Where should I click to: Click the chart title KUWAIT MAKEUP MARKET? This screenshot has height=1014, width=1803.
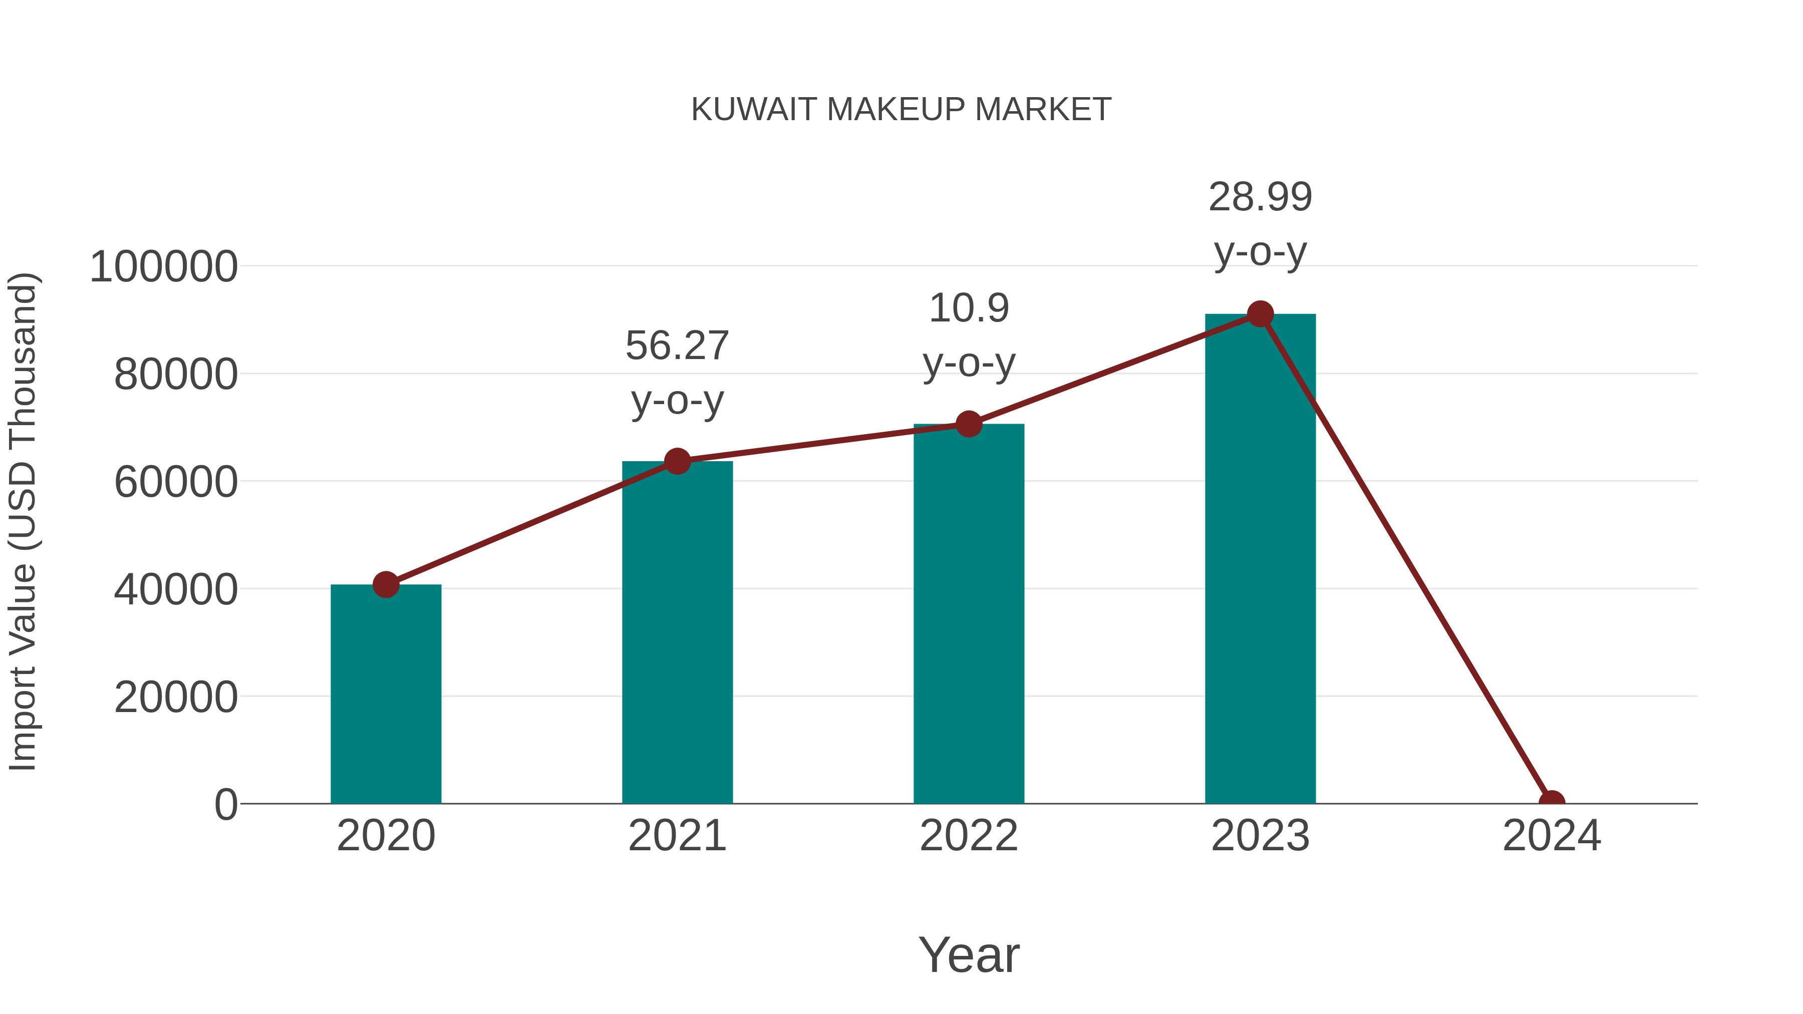click(x=901, y=110)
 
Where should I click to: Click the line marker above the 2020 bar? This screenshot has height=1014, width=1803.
click(x=386, y=584)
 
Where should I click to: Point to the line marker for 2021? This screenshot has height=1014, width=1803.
click(x=677, y=461)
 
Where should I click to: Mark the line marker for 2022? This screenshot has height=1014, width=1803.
click(x=969, y=424)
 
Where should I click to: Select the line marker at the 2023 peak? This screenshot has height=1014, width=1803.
click(x=1260, y=314)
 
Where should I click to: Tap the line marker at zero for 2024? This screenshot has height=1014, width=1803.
click(x=1551, y=802)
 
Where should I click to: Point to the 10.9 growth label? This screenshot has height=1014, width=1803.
click(x=969, y=308)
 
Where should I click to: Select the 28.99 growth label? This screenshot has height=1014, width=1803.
click(x=1260, y=197)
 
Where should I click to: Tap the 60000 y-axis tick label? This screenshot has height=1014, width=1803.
click(x=176, y=482)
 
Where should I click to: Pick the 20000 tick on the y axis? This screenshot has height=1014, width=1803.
click(x=176, y=697)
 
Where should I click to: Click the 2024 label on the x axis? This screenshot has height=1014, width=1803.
click(x=1551, y=836)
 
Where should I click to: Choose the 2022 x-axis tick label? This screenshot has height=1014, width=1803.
click(x=969, y=836)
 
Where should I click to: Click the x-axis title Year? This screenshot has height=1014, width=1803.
click(x=969, y=954)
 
